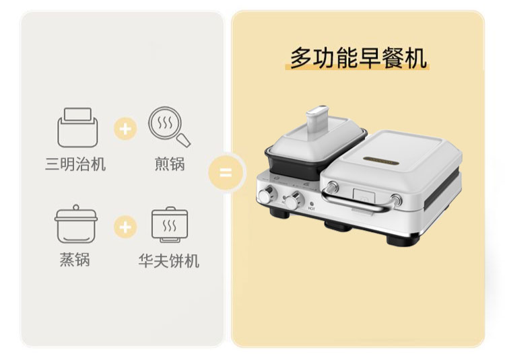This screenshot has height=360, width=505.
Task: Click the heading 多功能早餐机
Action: tap(358, 58)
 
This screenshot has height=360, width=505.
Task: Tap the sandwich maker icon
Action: tap(77, 127)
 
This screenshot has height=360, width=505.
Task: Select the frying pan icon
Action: tap(170, 127)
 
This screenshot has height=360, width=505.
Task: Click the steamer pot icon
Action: tap(76, 224)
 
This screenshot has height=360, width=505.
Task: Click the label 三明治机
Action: tap(75, 164)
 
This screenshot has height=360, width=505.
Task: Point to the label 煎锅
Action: tap(170, 164)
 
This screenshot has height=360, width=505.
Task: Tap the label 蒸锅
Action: tap(75, 259)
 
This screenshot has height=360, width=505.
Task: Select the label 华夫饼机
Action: tap(169, 260)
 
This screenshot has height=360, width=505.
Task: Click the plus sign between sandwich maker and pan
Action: tap(125, 129)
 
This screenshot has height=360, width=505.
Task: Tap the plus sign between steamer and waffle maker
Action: tap(125, 227)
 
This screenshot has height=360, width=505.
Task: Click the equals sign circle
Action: tap(226, 172)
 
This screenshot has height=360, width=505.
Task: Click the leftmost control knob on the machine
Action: tap(267, 195)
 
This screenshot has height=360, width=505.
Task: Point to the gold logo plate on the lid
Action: tap(381, 161)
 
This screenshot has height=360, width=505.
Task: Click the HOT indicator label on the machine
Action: tap(312, 209)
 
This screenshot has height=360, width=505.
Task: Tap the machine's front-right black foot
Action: tap(403, 241)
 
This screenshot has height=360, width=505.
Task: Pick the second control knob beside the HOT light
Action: tap(294, 201)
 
